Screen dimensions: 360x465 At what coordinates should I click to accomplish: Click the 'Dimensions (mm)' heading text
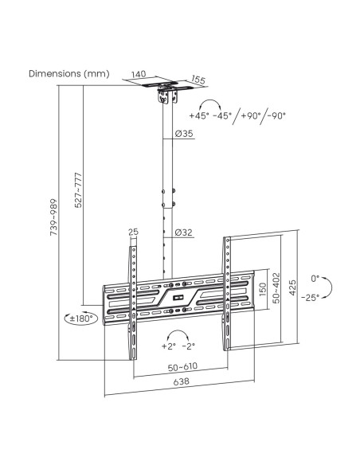69,73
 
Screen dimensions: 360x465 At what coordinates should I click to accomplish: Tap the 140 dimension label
139,74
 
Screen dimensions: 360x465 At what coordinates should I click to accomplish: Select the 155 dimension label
198,80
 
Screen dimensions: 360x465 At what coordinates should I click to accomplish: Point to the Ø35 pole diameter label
184,134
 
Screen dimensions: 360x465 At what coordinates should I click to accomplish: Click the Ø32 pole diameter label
184,232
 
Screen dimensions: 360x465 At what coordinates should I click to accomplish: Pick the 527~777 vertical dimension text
78,190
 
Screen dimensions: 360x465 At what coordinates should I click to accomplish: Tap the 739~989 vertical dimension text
53,217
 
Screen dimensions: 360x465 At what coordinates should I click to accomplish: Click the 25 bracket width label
134,232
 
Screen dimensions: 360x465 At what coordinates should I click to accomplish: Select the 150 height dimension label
263,290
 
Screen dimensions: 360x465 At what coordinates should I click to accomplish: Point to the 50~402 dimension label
276,288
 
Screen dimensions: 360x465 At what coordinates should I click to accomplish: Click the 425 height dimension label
292,287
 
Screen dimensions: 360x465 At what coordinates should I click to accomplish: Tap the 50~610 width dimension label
182,367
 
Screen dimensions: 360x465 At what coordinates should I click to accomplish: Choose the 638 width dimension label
181,381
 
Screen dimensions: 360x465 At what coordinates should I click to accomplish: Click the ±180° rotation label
80,318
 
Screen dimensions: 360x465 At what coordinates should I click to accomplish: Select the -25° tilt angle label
310,298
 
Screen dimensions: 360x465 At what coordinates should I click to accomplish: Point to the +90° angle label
251,115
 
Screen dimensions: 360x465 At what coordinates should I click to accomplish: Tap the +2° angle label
169,346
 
